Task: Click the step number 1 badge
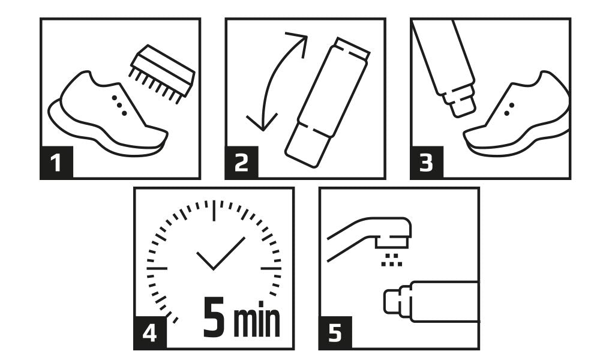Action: click(x=56, y=162)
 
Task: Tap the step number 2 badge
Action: click(x=241, y=162)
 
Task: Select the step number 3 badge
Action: click(x=426, y=162)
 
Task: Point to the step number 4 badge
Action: click(x=149, y=332)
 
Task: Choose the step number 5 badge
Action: click(x=335, y=332)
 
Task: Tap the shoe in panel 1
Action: click(x=107, y=115)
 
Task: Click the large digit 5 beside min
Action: click(x=214, y=317)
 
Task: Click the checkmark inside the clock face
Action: click(x=221, y=253)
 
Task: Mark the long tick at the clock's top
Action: click(x=214, y=211)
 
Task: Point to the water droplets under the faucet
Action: click(x=391, y=260)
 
